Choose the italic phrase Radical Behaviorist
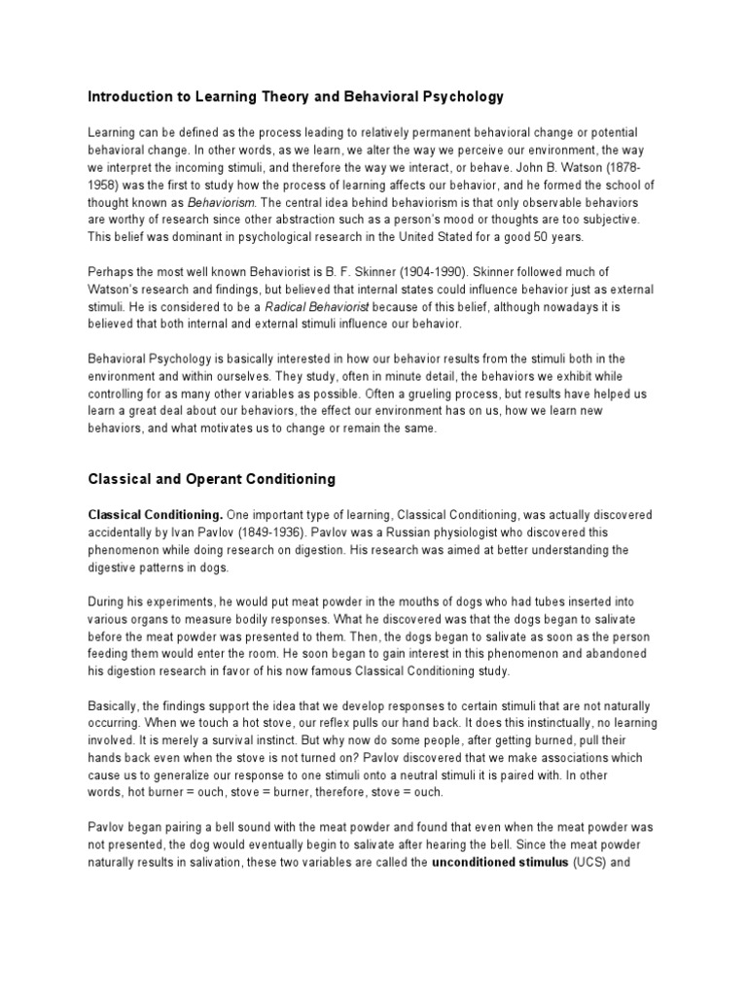point(322,307)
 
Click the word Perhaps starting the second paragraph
point(113,273)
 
